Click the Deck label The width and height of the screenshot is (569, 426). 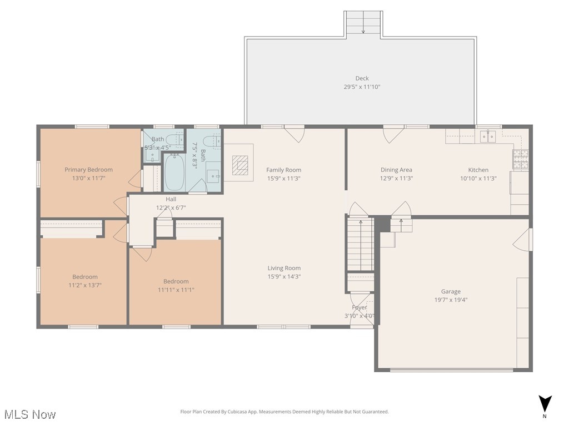pyautogui.click(x=362, y=78)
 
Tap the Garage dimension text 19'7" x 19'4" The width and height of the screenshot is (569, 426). pyautogui.click(x=451, y=300)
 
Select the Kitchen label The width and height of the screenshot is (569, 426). pyautogui.click(x=478, y=170)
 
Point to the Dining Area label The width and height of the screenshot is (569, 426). pyautogui.click(x=396, y=170)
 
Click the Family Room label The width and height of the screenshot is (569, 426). pyautogui.click(x=284, y=170)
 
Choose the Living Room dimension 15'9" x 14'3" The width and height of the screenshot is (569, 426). pyautogui.click(x=284, y=277)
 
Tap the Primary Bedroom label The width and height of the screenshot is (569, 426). pyautogui.click(x=88, y=170)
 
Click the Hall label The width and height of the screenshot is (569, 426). pyautogui.click(x=171, y=199)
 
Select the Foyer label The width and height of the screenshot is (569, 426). pyautogui.click(x=360, y=307)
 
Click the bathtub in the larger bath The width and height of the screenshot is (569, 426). pyautogui.click(x=175, y=172)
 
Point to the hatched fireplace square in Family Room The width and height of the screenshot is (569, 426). pyautogui.click(x=240, y=165)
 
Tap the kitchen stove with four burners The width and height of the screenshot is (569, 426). pyautogui.click(x=520, y=160)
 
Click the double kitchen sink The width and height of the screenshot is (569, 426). pyautogui.click(x=488, y=136)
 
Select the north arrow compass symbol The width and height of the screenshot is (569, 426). pyautogui.click(x=545, y=404)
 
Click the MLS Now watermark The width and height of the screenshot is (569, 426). pyautogui.click(x=30, y=414)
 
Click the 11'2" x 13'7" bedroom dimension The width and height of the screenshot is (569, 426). pyautogui.click(x=85, y=286)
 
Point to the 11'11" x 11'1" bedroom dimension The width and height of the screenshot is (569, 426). pyautogui.click(x=176, y=290)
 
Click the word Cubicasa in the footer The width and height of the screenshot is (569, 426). pyautogui.click(x=237, y=412)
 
